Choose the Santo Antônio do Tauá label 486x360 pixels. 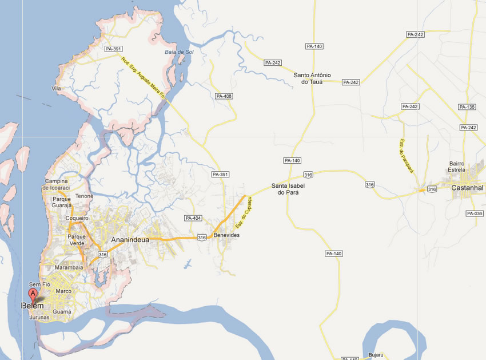[x=312, y=78]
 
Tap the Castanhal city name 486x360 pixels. [x=467, y=188]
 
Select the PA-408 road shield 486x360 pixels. [x=224, y=96]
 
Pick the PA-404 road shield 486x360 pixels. [x=193, y=218]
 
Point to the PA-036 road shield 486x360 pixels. [x=475, y=213]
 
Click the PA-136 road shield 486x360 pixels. [x=467, y=107]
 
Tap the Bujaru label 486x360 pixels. [x=376, y=355]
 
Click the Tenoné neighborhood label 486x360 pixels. [x=85, y=196]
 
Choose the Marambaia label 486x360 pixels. [x=69, y=267]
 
